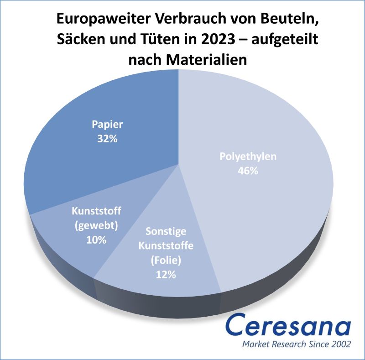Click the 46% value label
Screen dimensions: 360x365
(x=248, y=171)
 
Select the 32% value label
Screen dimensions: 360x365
(x=107, y=138)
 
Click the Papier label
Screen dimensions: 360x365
(x=107, y=125)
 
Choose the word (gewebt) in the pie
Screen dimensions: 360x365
(x=96, y=225)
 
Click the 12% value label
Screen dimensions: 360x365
(x=166, y=274)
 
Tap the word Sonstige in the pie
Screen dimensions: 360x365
(x=166, y=232)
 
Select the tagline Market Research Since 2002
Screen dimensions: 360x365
(x=297, y=344)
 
